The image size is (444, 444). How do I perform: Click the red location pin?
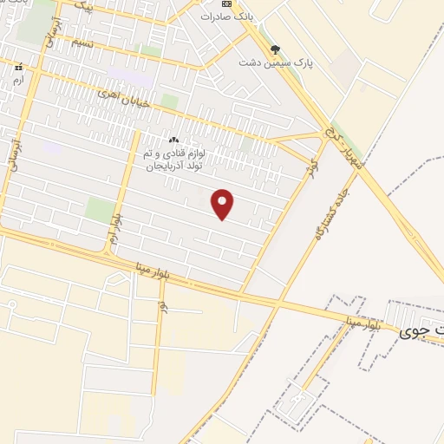click(223, 203)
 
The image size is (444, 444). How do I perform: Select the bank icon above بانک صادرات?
click(226, 3)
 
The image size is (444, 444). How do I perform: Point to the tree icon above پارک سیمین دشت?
click(276, 49)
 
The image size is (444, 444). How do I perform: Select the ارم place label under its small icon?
click(17, 79)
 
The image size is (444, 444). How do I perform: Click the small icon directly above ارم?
click(17, 68)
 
